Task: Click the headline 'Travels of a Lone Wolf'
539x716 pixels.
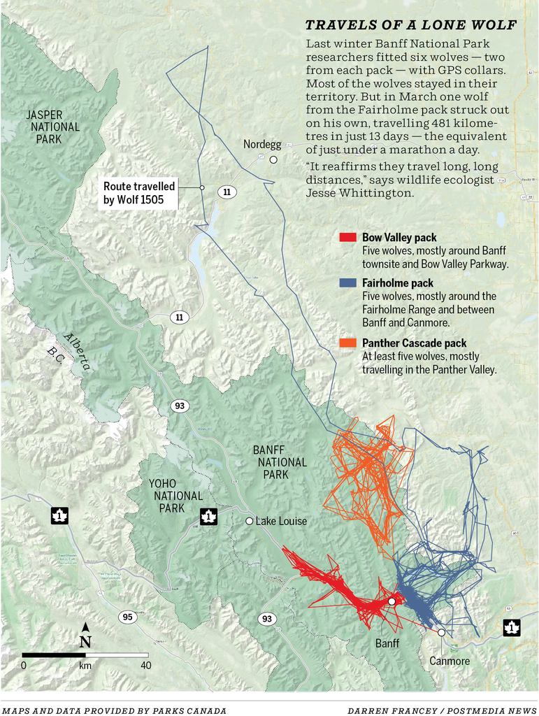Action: coord(411,26)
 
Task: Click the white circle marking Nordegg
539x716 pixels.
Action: coord(273,159)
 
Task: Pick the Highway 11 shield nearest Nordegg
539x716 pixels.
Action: coord(227,191)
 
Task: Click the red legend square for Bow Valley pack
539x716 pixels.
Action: coord(348,238)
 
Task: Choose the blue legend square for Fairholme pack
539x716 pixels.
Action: coord(348,283)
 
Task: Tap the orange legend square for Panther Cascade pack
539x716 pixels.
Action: coord(348,343)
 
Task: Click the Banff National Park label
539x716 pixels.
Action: coord(280,462)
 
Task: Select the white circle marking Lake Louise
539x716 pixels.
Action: coord(249,521)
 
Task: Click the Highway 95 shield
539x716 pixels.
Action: coord(127,616)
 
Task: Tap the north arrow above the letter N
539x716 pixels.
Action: coord(85,626)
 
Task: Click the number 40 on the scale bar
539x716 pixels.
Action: coord(145,665)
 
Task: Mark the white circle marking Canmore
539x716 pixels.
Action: coord(441,632)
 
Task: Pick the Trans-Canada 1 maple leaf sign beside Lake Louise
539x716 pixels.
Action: coord(208,517)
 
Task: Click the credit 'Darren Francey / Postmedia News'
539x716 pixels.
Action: coord(442,710)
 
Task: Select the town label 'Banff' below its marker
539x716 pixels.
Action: coord(387,643)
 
